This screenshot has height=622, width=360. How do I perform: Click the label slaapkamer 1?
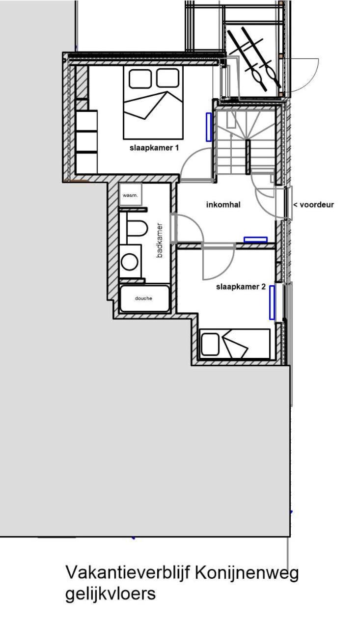154,148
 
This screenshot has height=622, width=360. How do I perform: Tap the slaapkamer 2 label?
241,287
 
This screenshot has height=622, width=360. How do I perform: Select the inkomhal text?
223,205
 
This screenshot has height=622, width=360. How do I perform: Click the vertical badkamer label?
160,240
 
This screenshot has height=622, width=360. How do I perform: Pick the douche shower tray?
144,298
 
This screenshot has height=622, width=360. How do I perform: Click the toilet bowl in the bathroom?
137,228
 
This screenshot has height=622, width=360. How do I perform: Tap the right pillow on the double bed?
167,78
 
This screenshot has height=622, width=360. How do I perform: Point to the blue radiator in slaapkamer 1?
209,127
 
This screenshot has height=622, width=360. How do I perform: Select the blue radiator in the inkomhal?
255,240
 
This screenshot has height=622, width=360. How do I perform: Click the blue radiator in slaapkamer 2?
272,302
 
